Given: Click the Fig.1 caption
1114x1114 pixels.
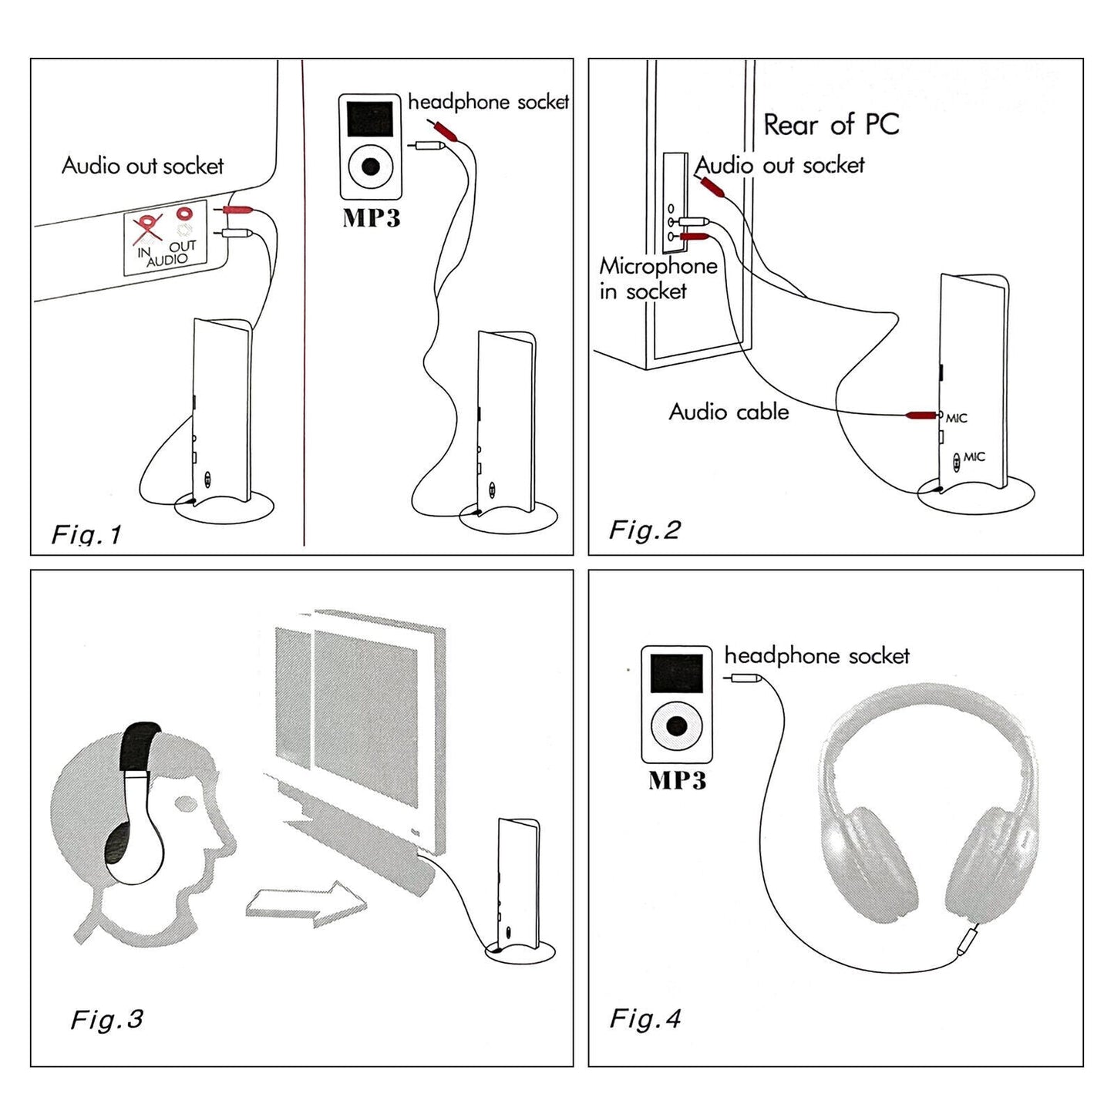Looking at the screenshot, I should tap(86, 534).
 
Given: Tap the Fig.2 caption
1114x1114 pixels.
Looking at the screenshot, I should tap(645, 530).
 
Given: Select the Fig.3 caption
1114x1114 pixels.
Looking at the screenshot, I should tap(106, 1019).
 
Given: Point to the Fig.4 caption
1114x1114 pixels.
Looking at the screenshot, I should tap(645, 1018).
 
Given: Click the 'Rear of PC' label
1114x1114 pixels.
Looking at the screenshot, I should tap(831, 124).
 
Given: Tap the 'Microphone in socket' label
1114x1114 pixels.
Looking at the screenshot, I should tap(658, 278).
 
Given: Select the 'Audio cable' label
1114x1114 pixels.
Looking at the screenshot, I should tap(729, 412).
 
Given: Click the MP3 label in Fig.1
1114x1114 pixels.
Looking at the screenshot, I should tap(371, 218).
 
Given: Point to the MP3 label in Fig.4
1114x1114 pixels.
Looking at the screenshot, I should tap(677, 780).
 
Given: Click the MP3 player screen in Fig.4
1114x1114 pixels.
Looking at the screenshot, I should tap(676, 673).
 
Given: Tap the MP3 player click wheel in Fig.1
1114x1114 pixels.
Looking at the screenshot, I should tap(371, 166).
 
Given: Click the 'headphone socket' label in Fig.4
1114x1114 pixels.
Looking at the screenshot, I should tap(816, 656).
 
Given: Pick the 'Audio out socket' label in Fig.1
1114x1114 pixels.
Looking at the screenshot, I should tap(143, 166).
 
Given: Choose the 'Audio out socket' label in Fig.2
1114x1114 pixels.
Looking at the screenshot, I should tap(780, 165).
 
